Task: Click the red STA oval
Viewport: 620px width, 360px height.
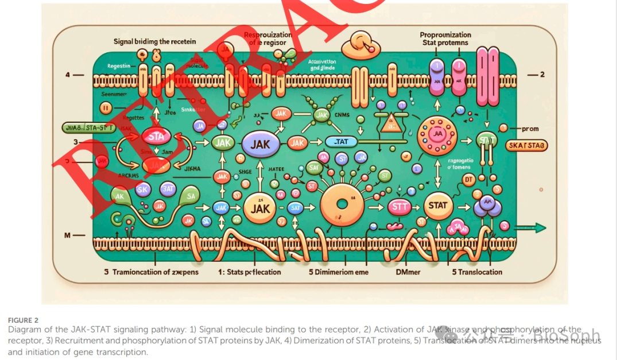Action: click(156, 137)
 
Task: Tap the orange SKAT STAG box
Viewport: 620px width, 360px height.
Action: click(526, 146)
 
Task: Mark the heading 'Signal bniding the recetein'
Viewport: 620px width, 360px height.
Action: click(155, 41)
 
